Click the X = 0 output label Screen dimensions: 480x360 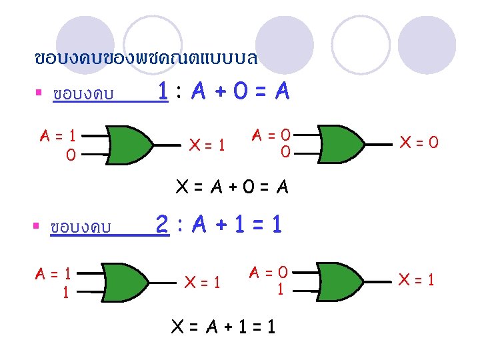[418, 142]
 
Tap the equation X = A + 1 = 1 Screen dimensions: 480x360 [223, 326]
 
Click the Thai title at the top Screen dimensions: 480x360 [145, 58]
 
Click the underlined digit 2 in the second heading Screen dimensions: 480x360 [161, 224]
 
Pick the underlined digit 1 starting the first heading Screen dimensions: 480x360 [163, 91]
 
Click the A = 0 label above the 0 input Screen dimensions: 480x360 [273, 135]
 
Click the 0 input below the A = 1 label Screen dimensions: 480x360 [70, 155]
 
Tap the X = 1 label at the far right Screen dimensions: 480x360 [415, 280]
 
